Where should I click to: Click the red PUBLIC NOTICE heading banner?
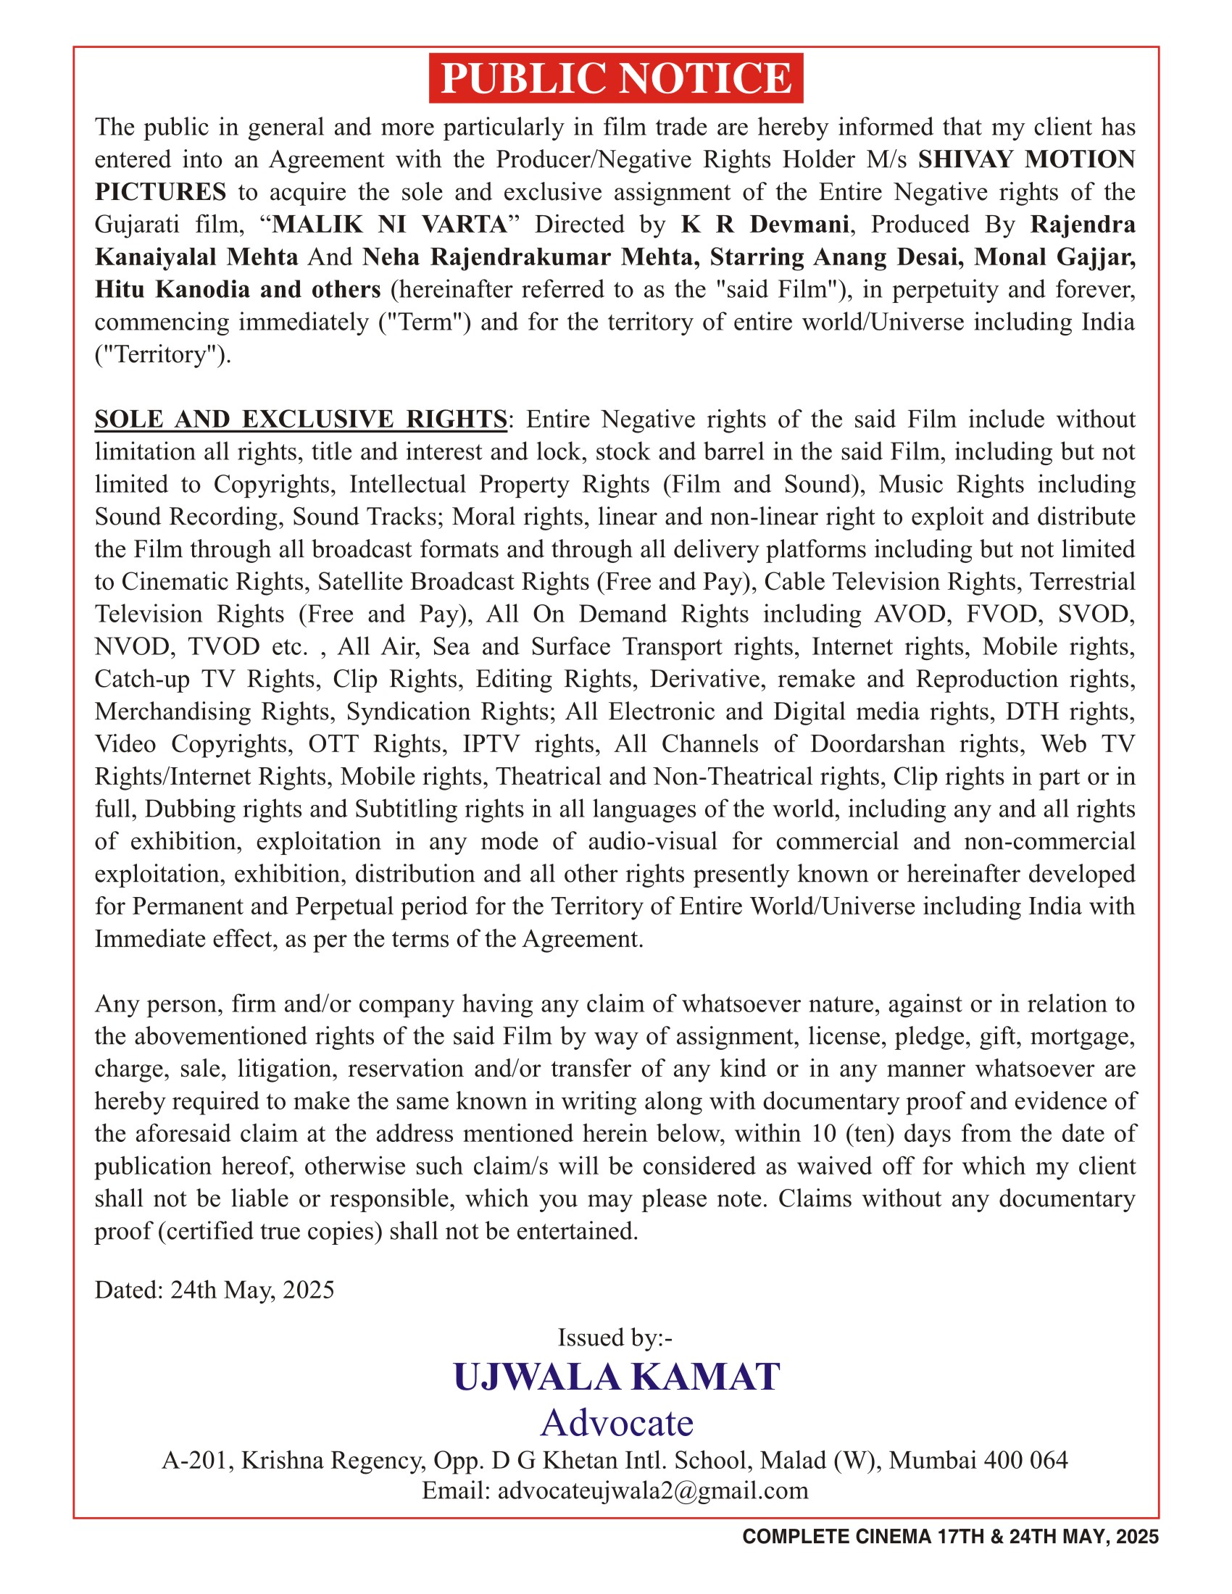(615, 78)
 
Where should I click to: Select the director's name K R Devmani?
(764, 224)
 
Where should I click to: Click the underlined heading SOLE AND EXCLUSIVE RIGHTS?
(301, 419)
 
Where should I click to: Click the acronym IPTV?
(492, 743)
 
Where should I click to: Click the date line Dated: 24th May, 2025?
(215, 1290)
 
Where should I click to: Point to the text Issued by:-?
(615, 1337)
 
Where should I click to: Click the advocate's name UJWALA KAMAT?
(616, 1377)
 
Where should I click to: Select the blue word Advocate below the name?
(617, 1422)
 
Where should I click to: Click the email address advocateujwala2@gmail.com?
(652, 1490)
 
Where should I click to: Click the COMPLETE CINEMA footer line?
(949, 1537)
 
